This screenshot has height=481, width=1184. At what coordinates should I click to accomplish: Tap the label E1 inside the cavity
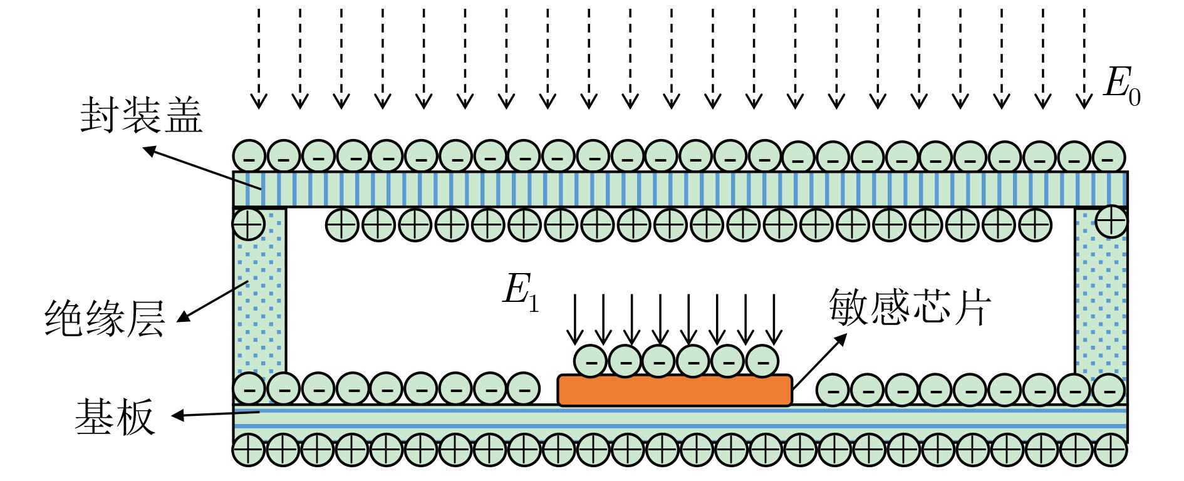520,292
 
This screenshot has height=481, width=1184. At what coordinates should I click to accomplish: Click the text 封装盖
142,115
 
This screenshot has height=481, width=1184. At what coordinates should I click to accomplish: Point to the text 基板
115,417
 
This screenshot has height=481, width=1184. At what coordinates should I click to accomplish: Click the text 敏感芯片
910,308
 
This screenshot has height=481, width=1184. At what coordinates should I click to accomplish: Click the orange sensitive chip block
675,390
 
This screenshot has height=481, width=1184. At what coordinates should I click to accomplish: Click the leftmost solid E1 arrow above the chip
574,319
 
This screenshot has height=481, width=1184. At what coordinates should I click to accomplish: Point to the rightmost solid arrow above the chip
775,319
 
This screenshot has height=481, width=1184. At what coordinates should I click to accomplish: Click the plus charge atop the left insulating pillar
249,224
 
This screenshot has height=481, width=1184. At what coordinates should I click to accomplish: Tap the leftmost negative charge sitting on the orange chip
591,361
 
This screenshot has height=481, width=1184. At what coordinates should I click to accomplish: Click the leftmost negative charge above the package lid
249,156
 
